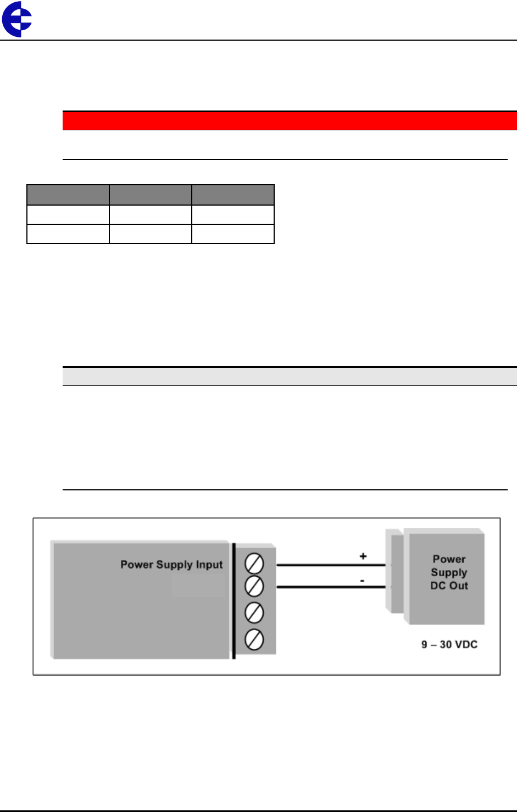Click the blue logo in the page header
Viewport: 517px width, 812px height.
(16, 19)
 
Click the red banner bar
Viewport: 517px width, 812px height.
(290, 120)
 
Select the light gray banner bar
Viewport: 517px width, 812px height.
(290, 377)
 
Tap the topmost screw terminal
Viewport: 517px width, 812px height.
(254, 564)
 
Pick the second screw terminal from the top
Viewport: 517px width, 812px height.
(254, 586)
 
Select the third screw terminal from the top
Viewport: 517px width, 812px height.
(254, 612)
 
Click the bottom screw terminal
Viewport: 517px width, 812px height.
(254, 639)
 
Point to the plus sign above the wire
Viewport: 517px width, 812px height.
(363, 556)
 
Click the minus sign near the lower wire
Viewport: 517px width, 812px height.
(362, 580)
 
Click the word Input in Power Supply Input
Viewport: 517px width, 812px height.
(209, 565)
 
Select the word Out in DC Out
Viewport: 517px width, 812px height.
(459, 586)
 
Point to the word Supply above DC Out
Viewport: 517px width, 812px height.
(449, 572)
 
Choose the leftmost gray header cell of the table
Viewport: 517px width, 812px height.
(68, 195)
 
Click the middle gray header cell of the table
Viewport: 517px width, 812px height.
(151, 195)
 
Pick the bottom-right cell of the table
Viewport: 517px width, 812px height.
(233, 234)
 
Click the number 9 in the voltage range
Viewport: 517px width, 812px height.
(425, 644)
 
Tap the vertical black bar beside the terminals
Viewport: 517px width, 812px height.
(234, 601)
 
